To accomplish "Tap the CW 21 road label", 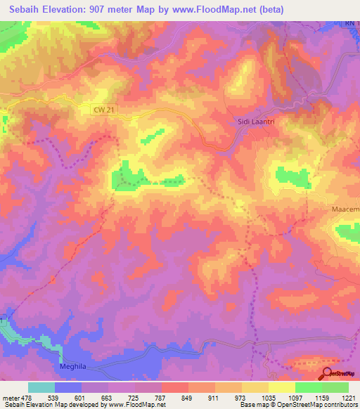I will click(x=102, y=109).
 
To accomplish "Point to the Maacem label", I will click(x=345, y=210).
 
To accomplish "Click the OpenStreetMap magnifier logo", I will click(x=328, y=373).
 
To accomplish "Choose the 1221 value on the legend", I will click(x=349, y=397).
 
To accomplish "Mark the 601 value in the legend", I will click(x=78, y=397).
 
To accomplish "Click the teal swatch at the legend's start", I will click(x=41, y=387).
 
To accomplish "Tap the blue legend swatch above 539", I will click(x=68, y=387).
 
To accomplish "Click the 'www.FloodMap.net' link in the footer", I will click(x=136, y=405).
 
